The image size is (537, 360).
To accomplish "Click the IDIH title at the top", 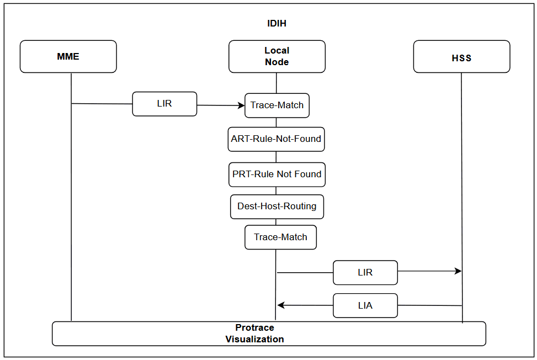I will click(277, 24).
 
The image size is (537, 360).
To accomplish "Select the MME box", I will click(68, 56).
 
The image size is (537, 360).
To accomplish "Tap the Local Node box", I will click(277, 56).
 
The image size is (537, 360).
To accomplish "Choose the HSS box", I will click(461, 57).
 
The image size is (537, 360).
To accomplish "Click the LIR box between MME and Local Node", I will click(164, 104).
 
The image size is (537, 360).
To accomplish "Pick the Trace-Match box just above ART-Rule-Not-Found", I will click(277, 105).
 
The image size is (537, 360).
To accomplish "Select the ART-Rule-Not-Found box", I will click(277, 139).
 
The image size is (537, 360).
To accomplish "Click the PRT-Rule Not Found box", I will click(277, 174).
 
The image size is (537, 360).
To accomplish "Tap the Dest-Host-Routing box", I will click(277, 207).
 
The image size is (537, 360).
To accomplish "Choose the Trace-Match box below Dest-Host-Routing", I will click(280, 237).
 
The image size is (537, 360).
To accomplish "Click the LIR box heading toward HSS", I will click(365, 272).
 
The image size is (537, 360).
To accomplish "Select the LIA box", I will click(365, 305).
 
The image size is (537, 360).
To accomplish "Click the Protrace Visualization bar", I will click(269, 333).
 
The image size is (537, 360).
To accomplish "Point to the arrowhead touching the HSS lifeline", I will click(458, 271).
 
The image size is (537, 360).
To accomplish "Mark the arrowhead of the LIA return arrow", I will click(281, 305).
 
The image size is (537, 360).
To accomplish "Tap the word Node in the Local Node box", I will click(277, 62).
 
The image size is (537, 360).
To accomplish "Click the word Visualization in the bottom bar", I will click(254, 339).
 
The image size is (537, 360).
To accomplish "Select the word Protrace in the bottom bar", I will click(254, 327).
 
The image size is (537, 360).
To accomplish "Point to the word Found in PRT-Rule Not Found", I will click(307, 174).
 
